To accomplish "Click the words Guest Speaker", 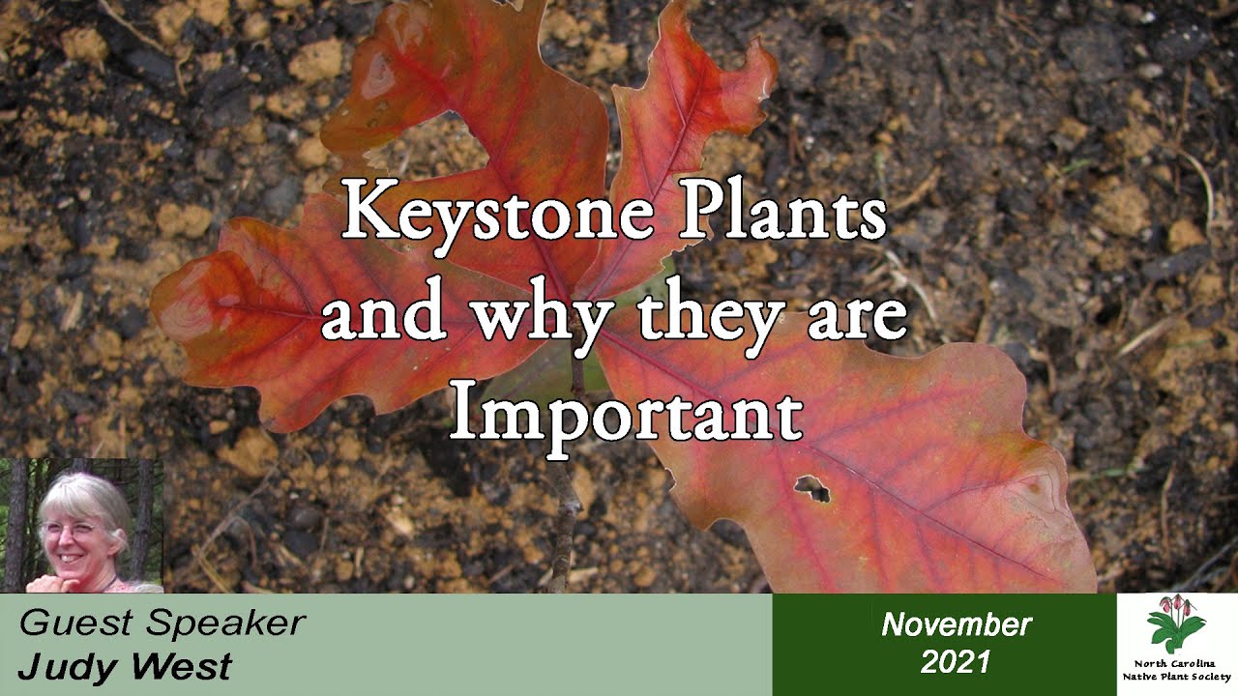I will coord(162,623).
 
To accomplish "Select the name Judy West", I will coord(125,666).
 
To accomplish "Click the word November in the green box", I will coord(956,624).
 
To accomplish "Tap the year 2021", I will coord(956,661).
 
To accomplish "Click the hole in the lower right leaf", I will coord(813,489).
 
